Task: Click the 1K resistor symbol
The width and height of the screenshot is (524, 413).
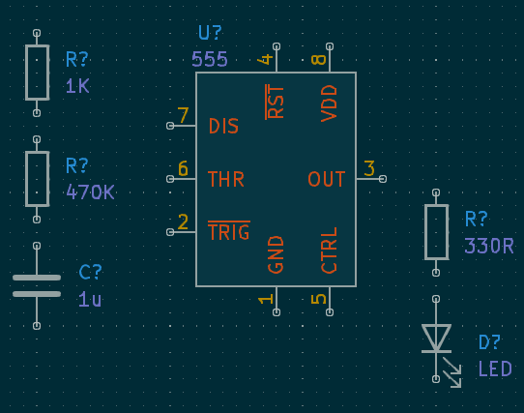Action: click(x=37, y=73)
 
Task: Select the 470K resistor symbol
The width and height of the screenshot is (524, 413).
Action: click(x=37, y=179)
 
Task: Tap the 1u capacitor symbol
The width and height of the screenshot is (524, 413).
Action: click(x=37, y=285)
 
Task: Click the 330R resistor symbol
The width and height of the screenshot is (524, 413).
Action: click(x=436, y=232)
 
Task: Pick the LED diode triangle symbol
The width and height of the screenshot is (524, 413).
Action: click(x=436, y=338)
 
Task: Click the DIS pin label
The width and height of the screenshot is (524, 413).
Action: click(x=223, y=127)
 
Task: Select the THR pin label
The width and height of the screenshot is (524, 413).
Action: click(x=226, y=180)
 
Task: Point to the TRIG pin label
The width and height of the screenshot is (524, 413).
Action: click(x=229, y=232)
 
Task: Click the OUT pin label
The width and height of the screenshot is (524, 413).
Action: click(x=327, y=180)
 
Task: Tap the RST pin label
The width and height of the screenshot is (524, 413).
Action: click(x=277, y=102)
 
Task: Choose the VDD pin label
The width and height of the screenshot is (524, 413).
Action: click(x=330, y=103)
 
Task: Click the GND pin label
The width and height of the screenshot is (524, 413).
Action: click(x=277, y=254)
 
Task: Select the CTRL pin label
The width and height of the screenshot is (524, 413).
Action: click(x=330, y=251)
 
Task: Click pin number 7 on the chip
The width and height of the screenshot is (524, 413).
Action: click(x=183, y=116)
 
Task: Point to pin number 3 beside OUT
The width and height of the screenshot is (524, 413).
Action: click(x=369, y=168)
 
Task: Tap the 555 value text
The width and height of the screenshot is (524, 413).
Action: click(x=210, y=59)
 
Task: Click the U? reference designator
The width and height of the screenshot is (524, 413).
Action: click(x=211, y=34)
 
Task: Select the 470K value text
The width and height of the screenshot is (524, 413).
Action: click(x=90, y=192)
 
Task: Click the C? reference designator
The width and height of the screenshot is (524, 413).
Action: click(x=90, y=273)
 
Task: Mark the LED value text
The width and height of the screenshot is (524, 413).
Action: click(x=495, y=369)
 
